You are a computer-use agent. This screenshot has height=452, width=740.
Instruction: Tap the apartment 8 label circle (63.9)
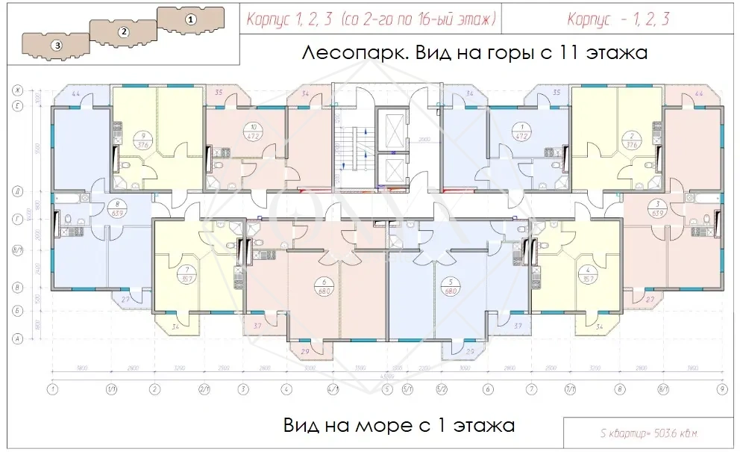tap(116, 207)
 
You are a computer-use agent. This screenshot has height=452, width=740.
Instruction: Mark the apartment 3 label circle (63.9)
tap(657, 207)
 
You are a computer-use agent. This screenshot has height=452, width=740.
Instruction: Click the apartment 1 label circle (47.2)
tap(522, 131)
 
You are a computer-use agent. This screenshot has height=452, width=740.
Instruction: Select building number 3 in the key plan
tap(57, 45)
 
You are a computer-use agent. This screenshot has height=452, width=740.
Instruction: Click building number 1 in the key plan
tap(191, 19)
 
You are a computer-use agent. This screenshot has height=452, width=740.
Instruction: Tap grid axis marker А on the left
tap(16, 338)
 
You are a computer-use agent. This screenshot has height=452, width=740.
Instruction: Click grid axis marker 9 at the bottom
tap(721, 388)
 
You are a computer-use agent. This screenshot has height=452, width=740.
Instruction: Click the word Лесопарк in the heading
tap(348, 54)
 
